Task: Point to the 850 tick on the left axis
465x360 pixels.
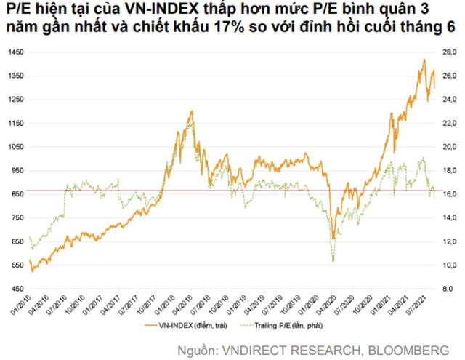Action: click(x=17, y=194)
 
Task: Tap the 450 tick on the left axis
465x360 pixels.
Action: click(x=17, y=289)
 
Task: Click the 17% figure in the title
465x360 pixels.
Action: click(x=286, y=32)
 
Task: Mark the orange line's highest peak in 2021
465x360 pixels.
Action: click(x=424, y=60)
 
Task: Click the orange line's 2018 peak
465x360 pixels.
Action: click(x=191, y=111)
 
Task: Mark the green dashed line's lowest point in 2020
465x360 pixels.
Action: click(x=333, y=260)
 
